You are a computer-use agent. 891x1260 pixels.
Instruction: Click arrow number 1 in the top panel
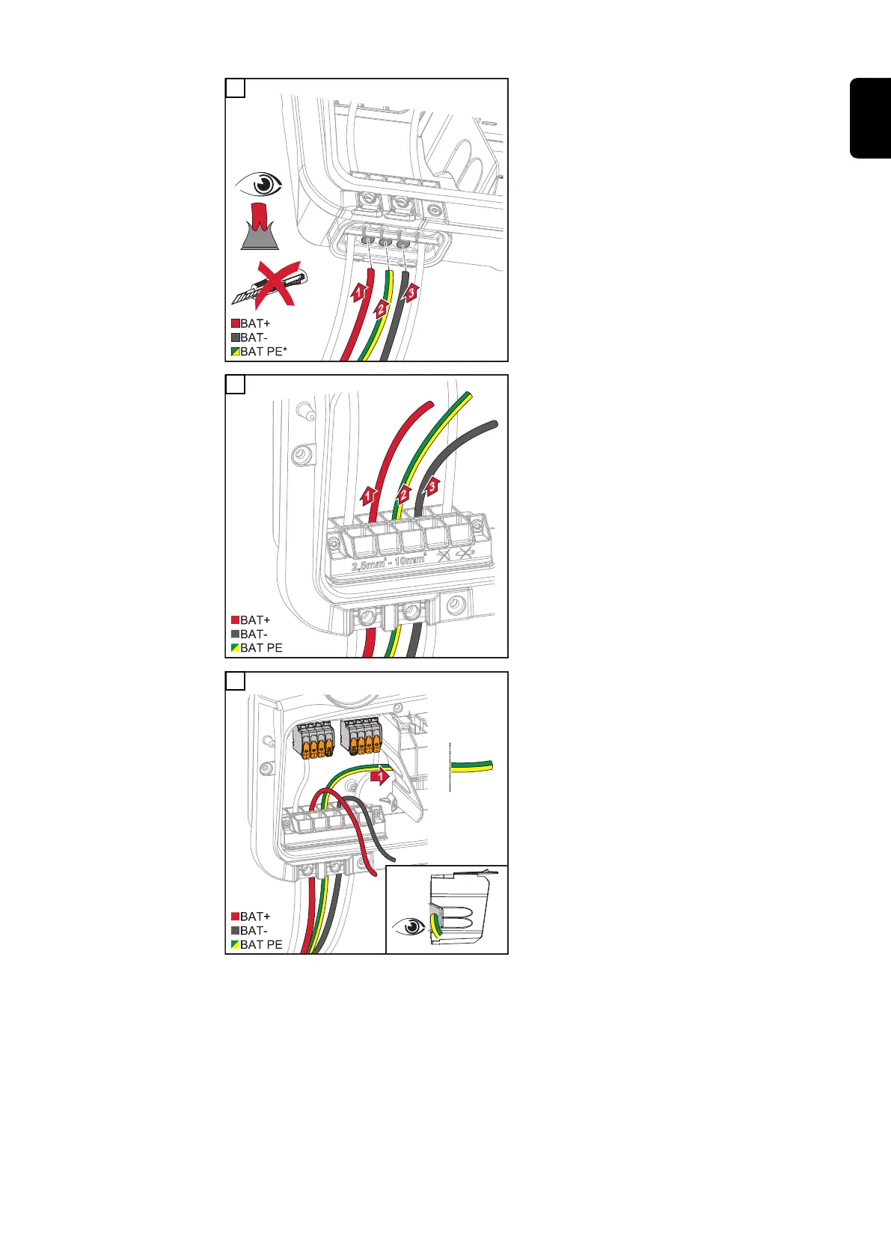tap(360, 293)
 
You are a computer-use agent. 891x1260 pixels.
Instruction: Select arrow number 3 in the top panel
tap(410, 293)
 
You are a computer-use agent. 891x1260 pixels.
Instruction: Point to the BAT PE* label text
tap(263, 352)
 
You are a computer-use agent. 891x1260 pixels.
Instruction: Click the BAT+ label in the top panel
tap(255, 324)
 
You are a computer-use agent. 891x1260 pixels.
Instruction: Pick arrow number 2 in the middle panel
tap(404, 495)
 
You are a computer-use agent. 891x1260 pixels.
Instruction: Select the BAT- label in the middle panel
tap(254, 634)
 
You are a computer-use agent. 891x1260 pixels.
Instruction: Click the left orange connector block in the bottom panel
tap(314, 741)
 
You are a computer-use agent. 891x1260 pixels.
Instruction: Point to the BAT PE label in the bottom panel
tap(261, 945)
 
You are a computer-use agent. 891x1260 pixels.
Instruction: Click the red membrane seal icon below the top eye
tap(260, 225)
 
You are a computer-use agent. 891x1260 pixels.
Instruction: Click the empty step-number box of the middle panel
tap(235, 385)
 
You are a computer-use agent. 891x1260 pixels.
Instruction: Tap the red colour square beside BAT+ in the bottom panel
tap(235, 917)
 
